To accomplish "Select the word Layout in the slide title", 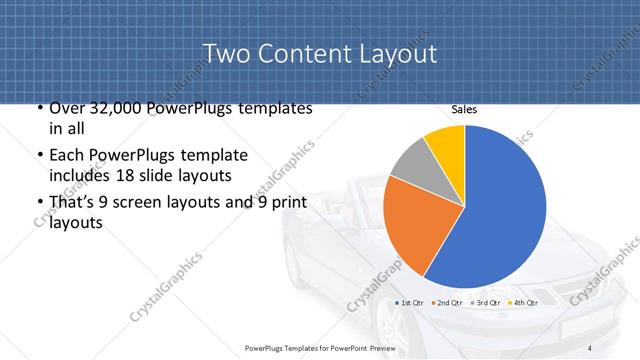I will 396,53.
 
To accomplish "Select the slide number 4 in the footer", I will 589,347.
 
